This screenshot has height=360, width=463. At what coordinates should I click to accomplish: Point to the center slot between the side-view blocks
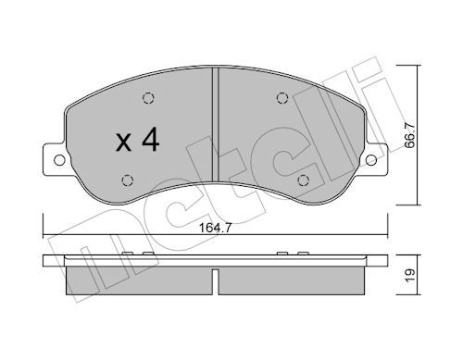[215, 282]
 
